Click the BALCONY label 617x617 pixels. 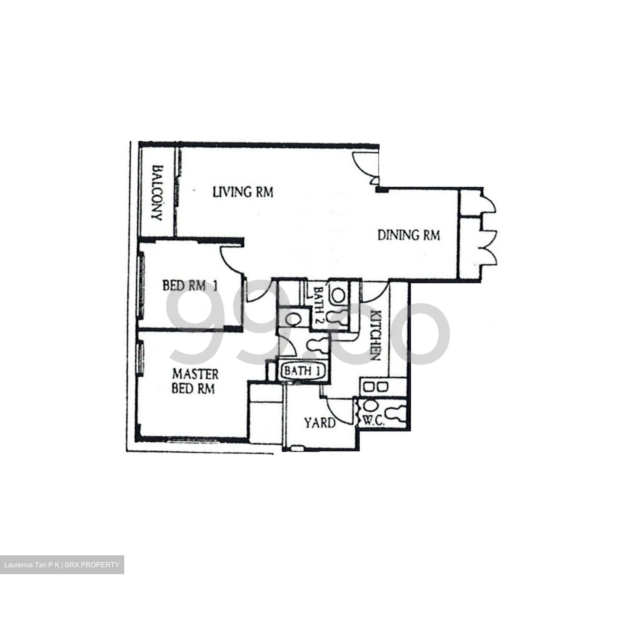tap(157, 193)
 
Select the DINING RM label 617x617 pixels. tap(408, 235)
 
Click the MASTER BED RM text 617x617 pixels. tap(195, 381)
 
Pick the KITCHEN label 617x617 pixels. tap(375, 335)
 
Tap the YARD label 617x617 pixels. tap(320, 423)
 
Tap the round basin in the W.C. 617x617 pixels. tap(369, 405)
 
